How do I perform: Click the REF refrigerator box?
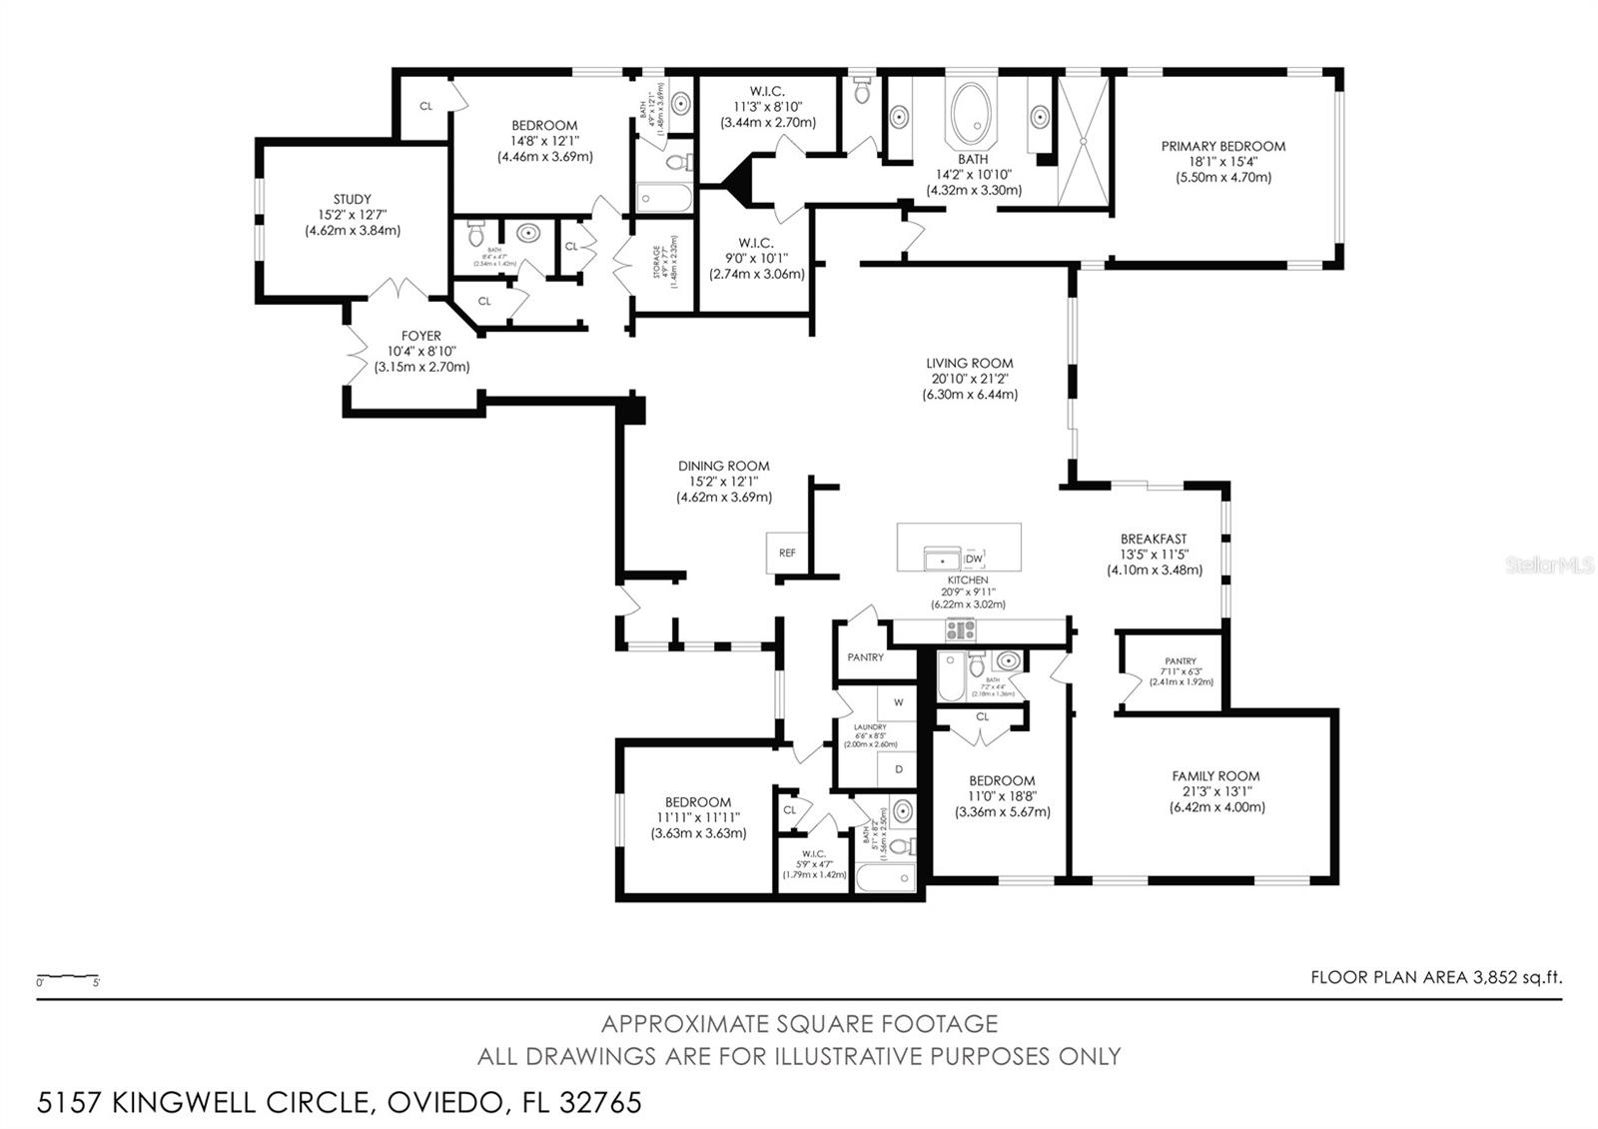click(x=787, y=553)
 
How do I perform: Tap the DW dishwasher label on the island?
click(x=974, y=560)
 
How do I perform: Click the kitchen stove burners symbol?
click(x=961, y=630)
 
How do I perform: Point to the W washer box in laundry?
click(x=898, y=702)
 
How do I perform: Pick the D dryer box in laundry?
click(x=898, y=769)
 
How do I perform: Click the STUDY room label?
click(x=352, y=200)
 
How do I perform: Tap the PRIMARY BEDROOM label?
click(x=1222, y=147)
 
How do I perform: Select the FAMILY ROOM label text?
click(x=1215, y=776)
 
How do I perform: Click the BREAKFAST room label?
click(x=1154, y=540)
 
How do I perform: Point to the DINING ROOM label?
click(x=723, y=467)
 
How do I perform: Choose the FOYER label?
click(x=421, y=337)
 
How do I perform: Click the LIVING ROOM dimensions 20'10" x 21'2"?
click(x=969, y=379)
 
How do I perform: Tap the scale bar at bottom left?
click(x=67, y=976)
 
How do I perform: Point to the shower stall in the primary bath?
click(x=1083, y=140)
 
